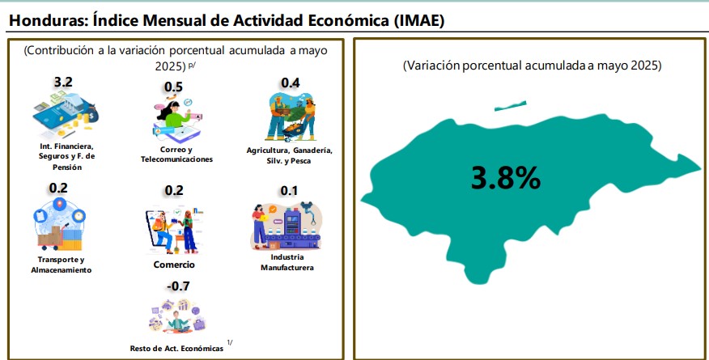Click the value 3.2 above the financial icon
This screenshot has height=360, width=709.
63,83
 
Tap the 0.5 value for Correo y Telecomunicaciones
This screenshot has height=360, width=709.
173,87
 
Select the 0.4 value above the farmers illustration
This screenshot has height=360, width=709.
291,83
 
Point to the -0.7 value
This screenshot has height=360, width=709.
178,286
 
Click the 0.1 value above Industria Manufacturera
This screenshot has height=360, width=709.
289,191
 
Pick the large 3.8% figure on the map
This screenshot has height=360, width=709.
506,177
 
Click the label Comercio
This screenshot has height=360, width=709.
174,265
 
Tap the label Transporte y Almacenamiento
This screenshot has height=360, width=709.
61,265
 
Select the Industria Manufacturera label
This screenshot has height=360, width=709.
287,262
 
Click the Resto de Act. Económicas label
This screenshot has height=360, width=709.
176,349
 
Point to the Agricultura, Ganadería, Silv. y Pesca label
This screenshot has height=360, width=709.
290,155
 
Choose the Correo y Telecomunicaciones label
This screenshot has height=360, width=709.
176,154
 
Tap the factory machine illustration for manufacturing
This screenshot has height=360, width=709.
287,226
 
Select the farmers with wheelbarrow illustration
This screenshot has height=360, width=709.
291,117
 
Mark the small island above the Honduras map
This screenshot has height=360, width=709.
510,106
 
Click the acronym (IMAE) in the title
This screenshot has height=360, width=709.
418,21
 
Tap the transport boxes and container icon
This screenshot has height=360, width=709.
60,224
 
